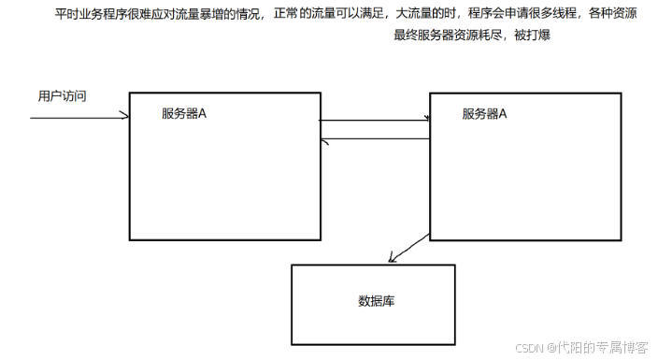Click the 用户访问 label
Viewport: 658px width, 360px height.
[x=63, y=96]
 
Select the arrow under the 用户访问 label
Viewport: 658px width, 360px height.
[x=79, y=118]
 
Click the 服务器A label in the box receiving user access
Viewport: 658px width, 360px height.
[x=184, y=114]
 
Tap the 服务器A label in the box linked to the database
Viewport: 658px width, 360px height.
[x=484, y=114]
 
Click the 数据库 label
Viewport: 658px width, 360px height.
[x=373, y=302]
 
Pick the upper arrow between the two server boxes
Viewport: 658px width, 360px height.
[x=374, y=120]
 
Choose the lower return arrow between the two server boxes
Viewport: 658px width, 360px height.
[x=374, y=139]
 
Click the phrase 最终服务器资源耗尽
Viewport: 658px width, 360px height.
[x=452, y=36]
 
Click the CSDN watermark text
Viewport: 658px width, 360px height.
[x=530, y=347]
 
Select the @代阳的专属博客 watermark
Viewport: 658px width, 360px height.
[x=598, y=347]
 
